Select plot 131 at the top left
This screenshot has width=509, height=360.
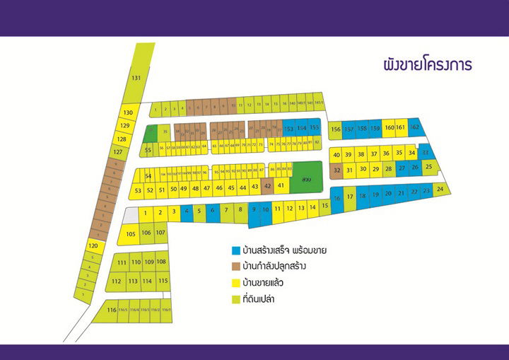tap(136, 78)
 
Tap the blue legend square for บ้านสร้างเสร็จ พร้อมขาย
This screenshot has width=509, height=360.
tap(235, 250)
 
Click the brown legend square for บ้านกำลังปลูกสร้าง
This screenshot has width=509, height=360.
tap(235, 267)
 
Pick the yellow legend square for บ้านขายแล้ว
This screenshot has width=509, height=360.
tap(235, 283)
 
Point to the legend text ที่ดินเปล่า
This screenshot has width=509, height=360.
tap(261, 299)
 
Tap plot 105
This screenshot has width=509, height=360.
tap(130, 234)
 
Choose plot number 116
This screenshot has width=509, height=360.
tap(111, 310)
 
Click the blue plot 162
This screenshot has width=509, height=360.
tap(415, 127)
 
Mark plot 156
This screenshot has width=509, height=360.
tap(336, 129)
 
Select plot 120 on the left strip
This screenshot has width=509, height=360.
tap(93, 245)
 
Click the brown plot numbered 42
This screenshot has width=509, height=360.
tap(267, 187)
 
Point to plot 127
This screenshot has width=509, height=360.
tap(118, 152)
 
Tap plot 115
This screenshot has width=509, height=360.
tap(163, 281)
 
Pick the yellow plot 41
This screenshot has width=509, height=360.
tap(281, 185)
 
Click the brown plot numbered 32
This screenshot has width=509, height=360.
tap(337, 170)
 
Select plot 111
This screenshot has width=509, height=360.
tap(122, 262)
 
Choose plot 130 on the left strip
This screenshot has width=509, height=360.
tap(127, 112)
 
